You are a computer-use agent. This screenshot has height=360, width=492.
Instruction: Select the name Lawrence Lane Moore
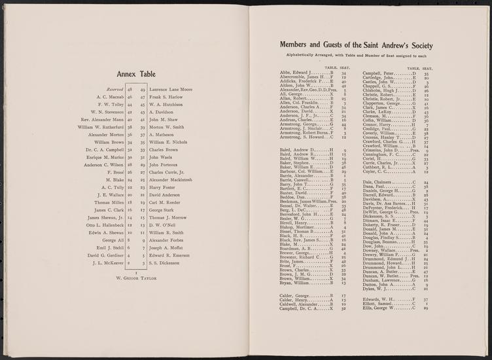[x=171, y=88]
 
